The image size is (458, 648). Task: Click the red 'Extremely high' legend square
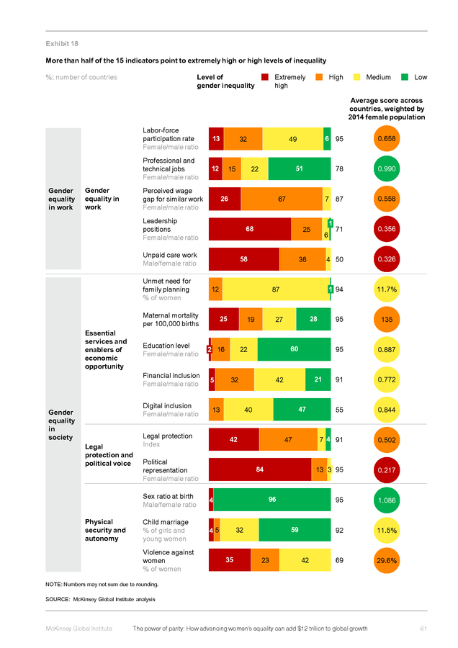coord(265,77)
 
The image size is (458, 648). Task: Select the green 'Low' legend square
coord(405,77)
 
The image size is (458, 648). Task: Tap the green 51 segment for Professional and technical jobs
coord(300,168)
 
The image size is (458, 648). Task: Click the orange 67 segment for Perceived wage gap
coord(282,199)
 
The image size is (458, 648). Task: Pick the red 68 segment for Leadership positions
coord(250,229)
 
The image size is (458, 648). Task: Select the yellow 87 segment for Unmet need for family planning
coord(276,289)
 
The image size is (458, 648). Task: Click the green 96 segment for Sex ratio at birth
coord(272,500)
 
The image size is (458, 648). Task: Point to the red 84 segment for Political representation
coord(259,469)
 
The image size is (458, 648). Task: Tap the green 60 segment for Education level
coord(294,349)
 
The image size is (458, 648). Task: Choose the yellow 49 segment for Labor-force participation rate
coord(292,139)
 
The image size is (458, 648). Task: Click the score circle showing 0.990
coord(387,168)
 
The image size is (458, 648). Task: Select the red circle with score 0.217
coord(387,470)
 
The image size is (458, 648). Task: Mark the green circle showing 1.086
coord(387,500)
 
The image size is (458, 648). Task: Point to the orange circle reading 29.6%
coord(387,560)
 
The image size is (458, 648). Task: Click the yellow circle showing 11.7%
coord(387,289)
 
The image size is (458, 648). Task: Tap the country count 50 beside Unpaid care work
coord(339,259)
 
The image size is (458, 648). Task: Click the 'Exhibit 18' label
coord(62,43)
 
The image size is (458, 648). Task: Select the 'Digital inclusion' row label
coord(167,406)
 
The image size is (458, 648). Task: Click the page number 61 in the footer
coord(423,629)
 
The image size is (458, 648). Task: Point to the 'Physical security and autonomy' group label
coord(105,530)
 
